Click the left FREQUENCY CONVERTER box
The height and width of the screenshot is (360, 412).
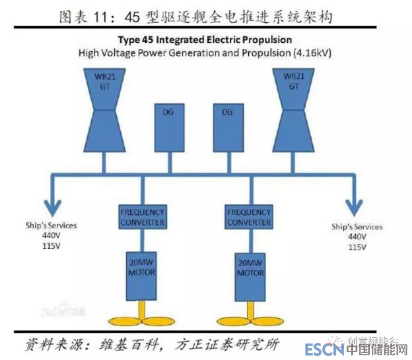click(142, 217)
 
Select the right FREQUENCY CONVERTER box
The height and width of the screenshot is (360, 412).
click(249, 217)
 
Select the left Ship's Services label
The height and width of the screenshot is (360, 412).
click(51, 226)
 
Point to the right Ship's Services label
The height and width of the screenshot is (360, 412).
click(357, 227)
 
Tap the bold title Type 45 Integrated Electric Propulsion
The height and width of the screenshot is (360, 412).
click(204, 40)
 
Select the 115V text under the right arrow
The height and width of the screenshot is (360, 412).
click(356, 247)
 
